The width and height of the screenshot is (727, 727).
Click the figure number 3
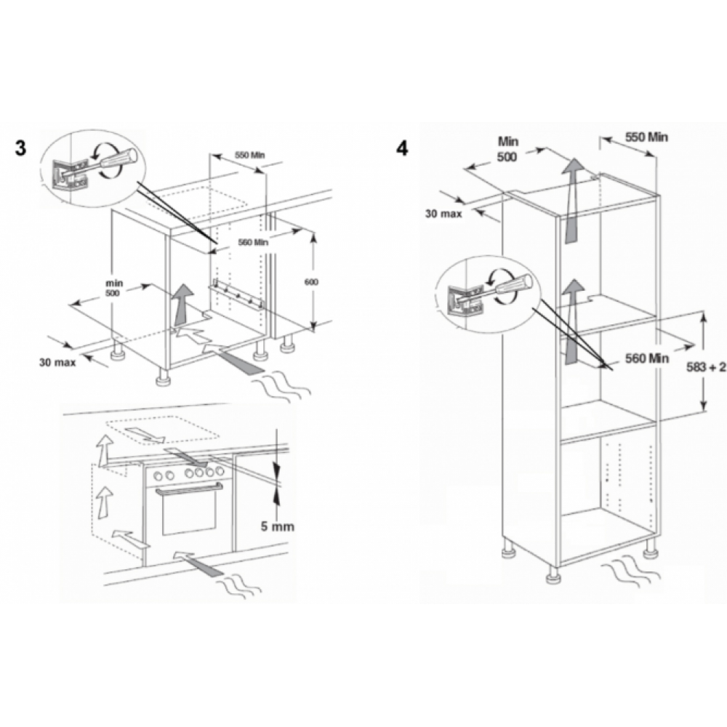[x=20, y=148]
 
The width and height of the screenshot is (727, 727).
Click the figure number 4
[x=402, y=148]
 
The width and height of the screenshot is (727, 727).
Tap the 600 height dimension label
[x=311, y=282]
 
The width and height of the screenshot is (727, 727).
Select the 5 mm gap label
[x=277, y=526]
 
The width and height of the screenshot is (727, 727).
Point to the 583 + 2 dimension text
[x=706, y=367]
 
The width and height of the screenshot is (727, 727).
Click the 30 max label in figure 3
[x=57, y=362]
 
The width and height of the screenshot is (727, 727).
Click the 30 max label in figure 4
[x=443, y=214]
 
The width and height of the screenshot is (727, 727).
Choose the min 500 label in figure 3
[x=113, y=288]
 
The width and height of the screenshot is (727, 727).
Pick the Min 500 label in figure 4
[x=507, y=149]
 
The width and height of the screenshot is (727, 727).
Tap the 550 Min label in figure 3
[x=250, y=155]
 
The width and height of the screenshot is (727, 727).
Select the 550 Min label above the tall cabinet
[x=646, y=137]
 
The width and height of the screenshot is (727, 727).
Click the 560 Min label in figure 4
[x=647, y=358]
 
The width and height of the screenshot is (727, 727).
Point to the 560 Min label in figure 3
[x=253, y=242]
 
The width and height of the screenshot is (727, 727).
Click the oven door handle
[x=189, y=489]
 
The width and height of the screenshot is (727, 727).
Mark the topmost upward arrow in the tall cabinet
[x=573, y=200]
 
